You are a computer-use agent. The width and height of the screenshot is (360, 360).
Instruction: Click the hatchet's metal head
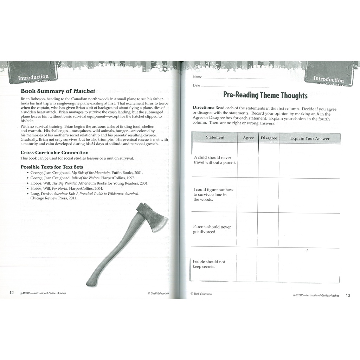click(x=151, y=215)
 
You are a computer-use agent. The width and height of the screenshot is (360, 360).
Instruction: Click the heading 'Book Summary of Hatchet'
click(x=58, y=91)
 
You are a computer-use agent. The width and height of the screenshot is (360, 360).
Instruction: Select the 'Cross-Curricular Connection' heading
click(x=54, y=153)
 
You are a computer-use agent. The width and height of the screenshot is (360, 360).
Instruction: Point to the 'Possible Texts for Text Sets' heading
click(x=52, y=167)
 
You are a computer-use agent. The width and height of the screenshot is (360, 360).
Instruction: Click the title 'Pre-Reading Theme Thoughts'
click(x=265, y=95)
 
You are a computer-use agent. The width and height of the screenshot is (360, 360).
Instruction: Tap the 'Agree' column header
click(x=248, y=138)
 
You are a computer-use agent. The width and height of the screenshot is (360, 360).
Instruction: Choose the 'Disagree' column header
click(x=269, y=138)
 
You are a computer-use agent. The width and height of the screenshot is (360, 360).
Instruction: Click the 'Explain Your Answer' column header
click(x=310, y=139)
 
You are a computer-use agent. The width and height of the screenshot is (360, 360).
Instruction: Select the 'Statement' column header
click(x=215, y=137)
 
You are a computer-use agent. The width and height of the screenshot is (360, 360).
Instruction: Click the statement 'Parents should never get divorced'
click(x=212, y=229)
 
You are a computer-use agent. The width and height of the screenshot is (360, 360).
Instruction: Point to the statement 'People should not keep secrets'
click(x=209, y=264)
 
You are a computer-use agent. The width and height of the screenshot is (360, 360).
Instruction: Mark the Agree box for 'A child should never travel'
click(x=248, y=160)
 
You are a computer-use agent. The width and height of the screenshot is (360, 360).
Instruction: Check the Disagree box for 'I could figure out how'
click(x=269, y=195)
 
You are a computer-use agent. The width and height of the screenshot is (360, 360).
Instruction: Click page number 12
click(x=12, y=293)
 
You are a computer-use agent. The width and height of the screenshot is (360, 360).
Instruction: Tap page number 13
click(x=348, y=295)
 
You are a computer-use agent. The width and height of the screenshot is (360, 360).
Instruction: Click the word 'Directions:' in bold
click(x=204, y=107)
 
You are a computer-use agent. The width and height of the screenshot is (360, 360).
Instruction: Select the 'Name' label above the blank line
click(x=197, y=77)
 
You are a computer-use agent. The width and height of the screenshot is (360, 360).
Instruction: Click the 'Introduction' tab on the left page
click(x=33, y=77)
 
